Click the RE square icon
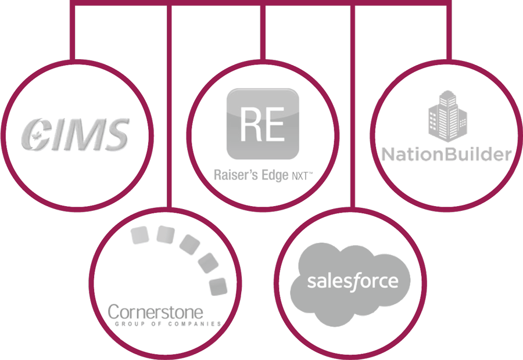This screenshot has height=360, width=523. coord(262,124)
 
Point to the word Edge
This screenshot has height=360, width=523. coord(271,174)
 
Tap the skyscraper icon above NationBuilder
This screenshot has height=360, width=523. coord(447,116)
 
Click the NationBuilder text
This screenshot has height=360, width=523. coord(446,154)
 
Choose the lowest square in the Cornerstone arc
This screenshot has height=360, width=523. coord(217,285)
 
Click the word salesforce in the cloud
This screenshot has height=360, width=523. coord(353,282)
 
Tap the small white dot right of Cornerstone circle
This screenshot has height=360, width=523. coord(254,295)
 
